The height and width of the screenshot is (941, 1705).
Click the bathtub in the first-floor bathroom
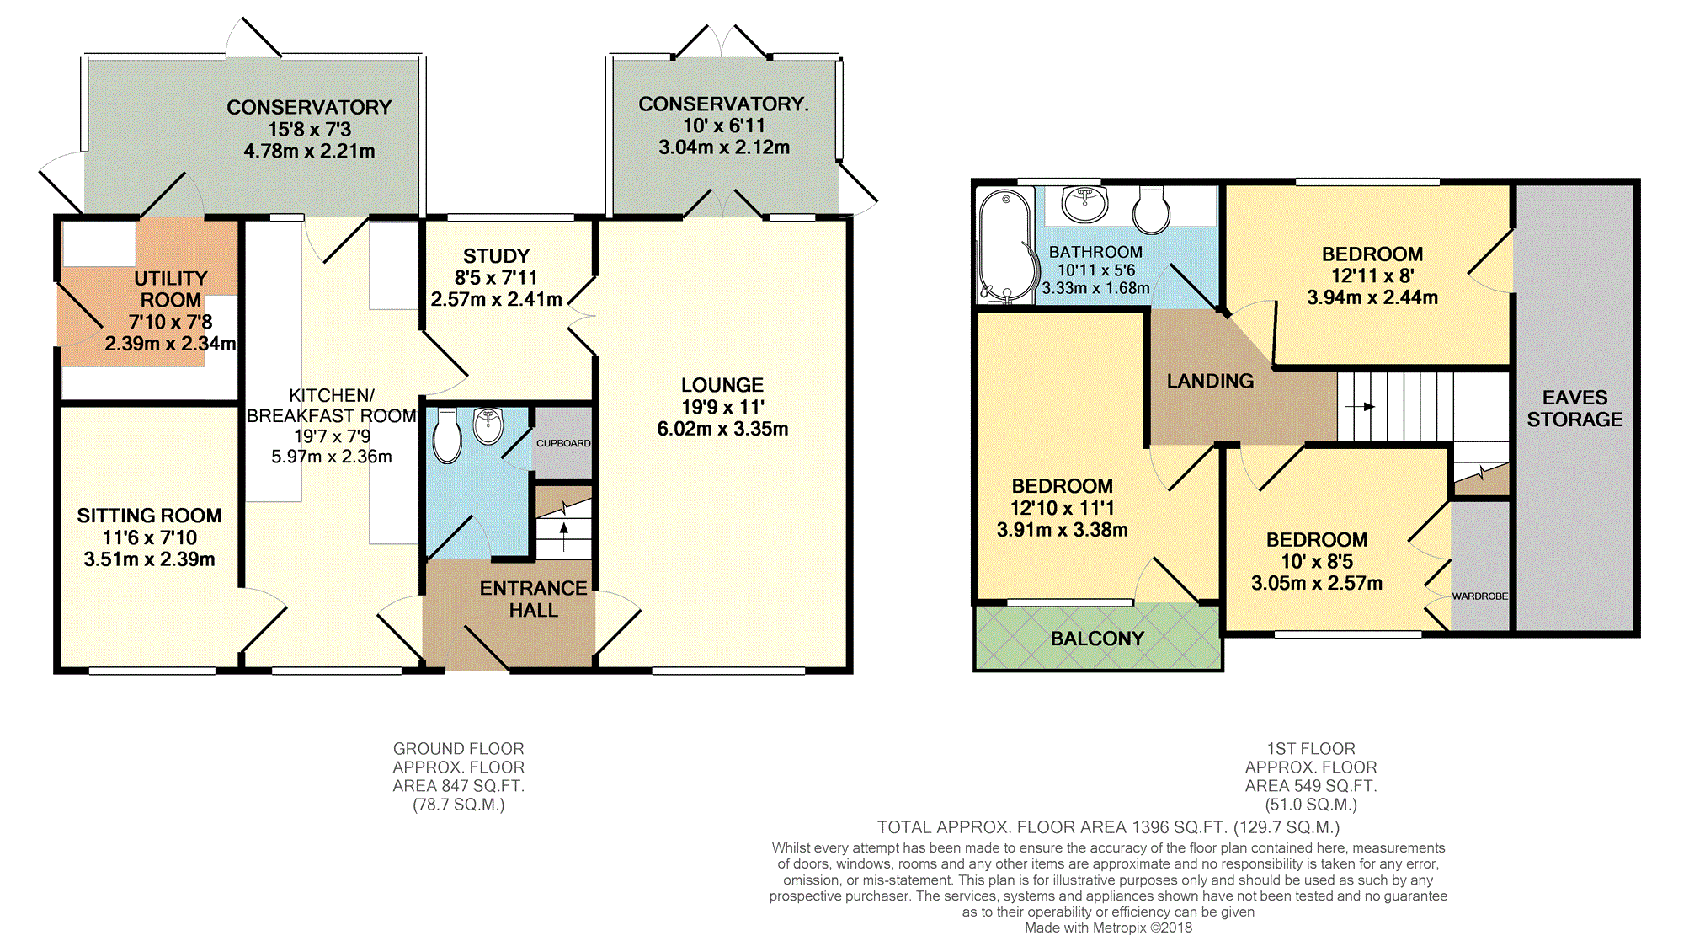coord(1005,245)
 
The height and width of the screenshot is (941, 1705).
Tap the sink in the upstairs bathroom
coord(1084,203)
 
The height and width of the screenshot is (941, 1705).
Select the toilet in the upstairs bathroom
coord(1151,210)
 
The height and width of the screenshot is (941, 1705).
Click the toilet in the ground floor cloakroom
coord(447,436)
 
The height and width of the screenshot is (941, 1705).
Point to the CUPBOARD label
coord(563,443)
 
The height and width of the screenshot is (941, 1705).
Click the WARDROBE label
coord(1479,596)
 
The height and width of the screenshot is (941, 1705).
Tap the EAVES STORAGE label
coord(1574,409)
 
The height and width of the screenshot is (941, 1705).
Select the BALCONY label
coord(1097,639)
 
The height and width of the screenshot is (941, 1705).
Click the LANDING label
coord(1210,381)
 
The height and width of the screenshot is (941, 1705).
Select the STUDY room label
coord(496,256)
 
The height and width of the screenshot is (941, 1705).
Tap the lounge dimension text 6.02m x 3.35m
coord(722,429)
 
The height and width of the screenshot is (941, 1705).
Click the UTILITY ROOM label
coord(171,289)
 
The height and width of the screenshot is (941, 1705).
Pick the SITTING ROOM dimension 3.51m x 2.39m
coord(149,559)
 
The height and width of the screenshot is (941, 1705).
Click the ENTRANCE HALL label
coord(533,599)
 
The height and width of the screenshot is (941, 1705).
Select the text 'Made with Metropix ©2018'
coord(1108,928)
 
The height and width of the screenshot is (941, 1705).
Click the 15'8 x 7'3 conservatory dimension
coord(309,130)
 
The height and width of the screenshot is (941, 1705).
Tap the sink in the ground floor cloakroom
coord(488,425)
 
